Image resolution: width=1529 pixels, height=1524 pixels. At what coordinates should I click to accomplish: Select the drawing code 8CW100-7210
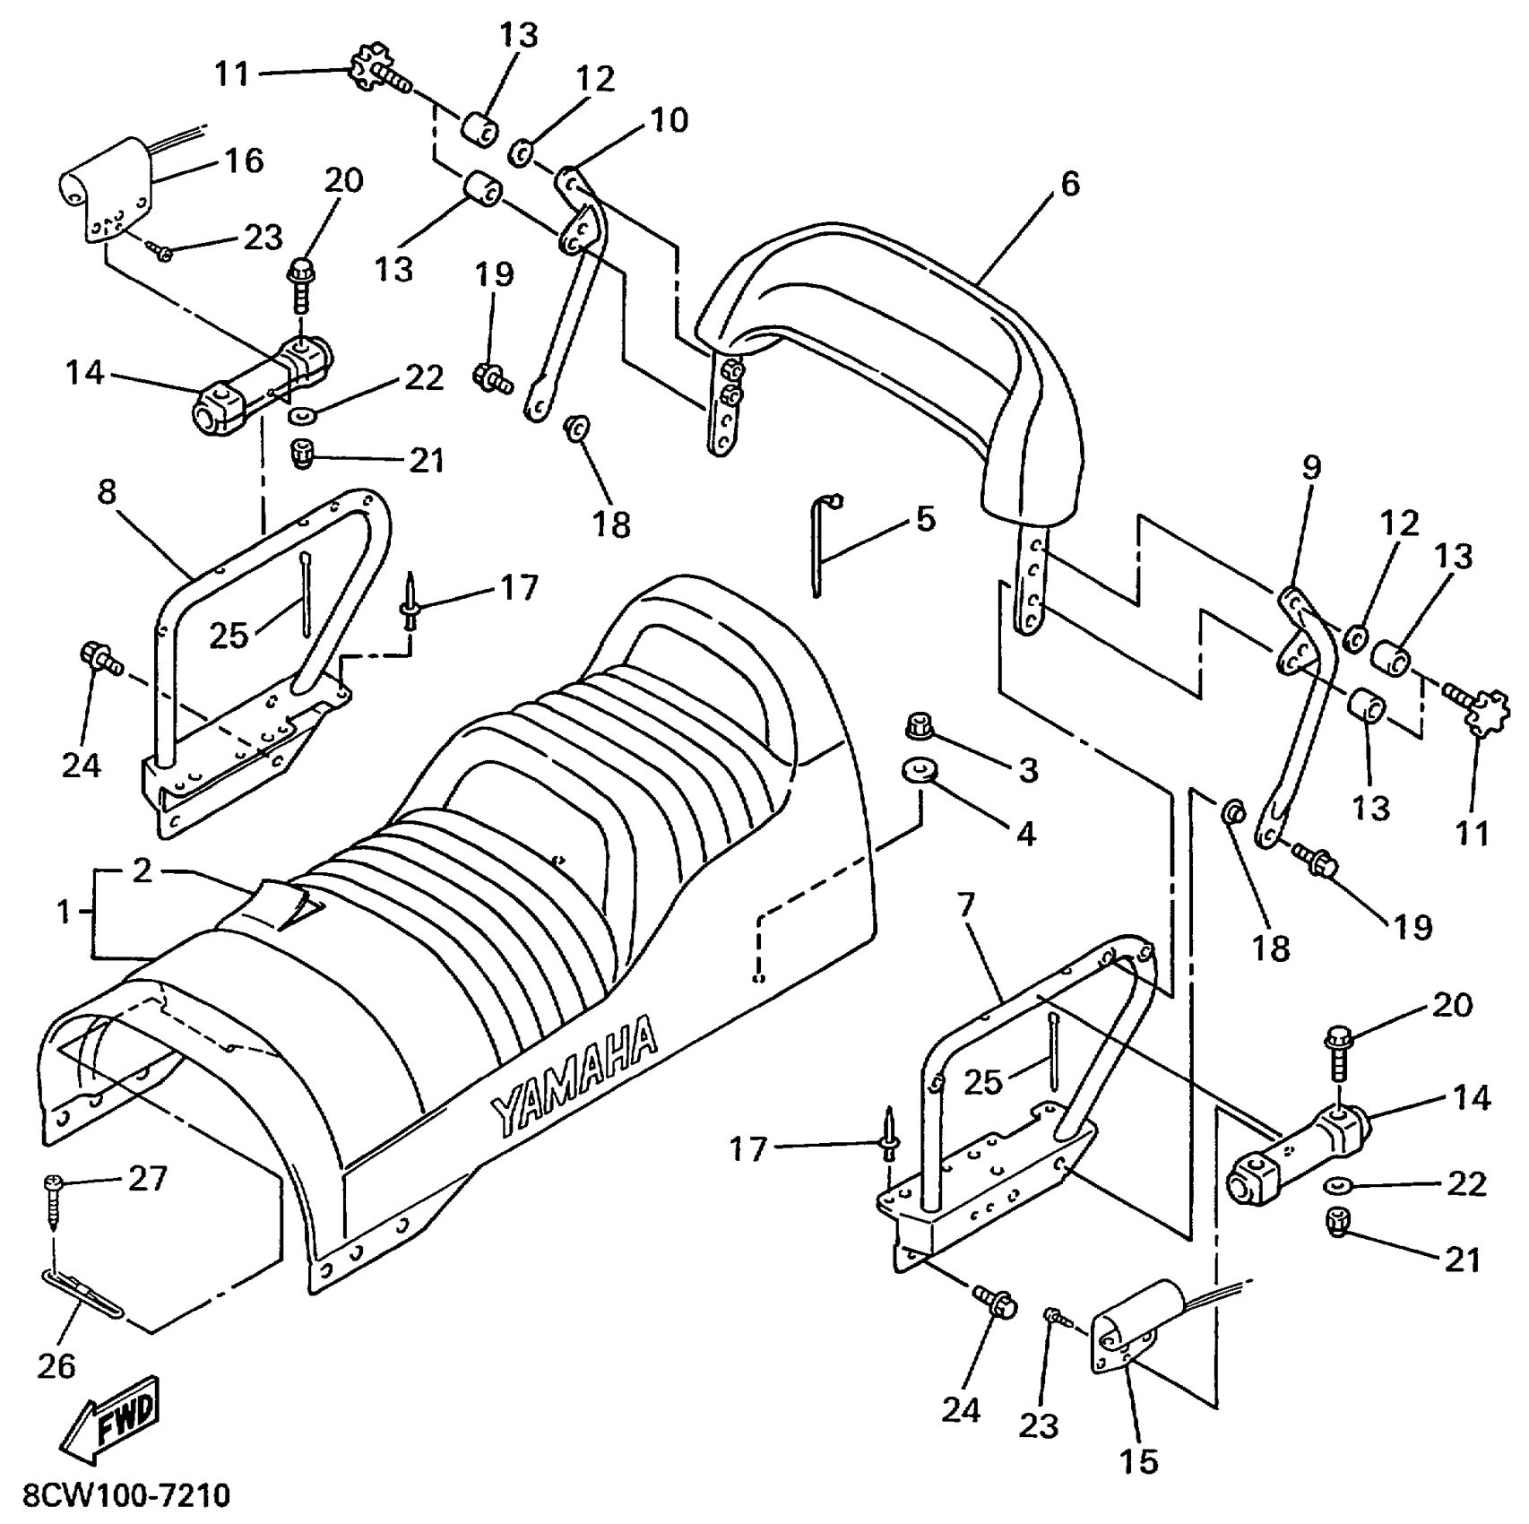(117, 1496)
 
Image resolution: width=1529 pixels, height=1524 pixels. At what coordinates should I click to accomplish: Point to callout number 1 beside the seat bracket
(64, 913)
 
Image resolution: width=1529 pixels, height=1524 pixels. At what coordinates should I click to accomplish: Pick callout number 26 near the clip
(56, 1366)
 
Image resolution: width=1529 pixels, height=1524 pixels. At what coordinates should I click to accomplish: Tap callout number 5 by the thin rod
(925, 519)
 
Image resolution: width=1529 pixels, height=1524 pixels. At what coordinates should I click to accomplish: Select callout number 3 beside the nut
(1028, 769)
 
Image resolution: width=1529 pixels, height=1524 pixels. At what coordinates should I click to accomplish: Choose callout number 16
(243, 161)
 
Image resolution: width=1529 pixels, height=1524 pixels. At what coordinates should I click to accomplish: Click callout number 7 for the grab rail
(964, 905)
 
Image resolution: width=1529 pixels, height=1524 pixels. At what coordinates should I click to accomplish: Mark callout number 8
(107, 492)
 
